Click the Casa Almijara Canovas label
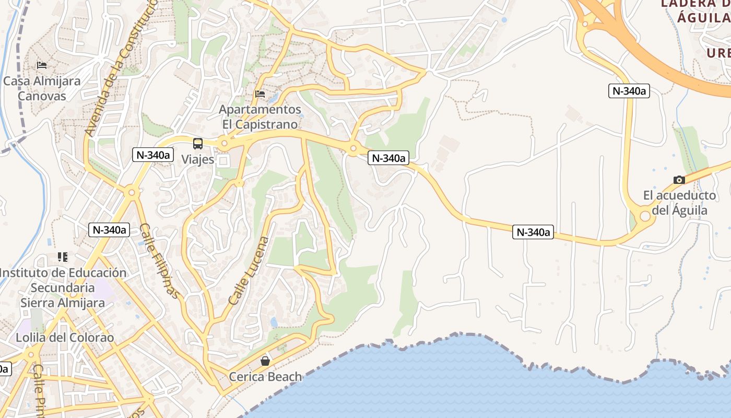click(x=42, y=88)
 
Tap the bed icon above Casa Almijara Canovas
click(x=42, y=65)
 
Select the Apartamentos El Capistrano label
click(x=260, y=117)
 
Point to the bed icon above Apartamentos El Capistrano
click(x=260, y=94)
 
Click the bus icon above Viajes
click(x=198, y=144)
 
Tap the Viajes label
click(x=198, y=159)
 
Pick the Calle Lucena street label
click(x=249, y=271)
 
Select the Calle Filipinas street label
click(x=159, y=261)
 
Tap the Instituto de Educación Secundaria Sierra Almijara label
click(x=63, y=287)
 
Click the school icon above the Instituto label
click(x=63, y=257)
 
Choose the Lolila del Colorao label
click(x=65, y=338)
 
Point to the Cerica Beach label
click(x=266, y=377)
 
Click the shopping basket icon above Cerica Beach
click(x=265, y=361)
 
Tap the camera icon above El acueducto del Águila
click(x=679, y=180)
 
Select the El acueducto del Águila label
click(x=680, y=203)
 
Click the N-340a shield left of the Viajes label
click(x=153, y=155)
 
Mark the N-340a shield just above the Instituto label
click(x=109, y=229)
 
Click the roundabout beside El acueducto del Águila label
click(x=645, y=216)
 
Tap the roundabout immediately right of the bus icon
click(x=225, y=143)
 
